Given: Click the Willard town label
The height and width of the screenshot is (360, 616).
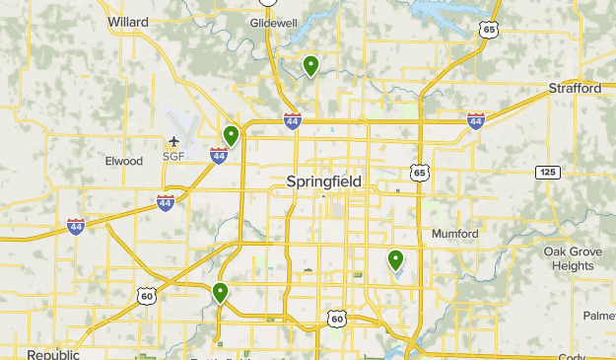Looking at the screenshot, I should [x=127, y=21].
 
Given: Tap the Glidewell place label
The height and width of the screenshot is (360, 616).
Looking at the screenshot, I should [x=273, y=22].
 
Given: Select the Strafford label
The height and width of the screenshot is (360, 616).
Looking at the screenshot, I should [x=575, y=89].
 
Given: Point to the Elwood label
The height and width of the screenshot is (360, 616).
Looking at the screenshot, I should [x=124, y=161].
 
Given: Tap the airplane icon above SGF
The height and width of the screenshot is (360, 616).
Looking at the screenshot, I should [x=174, y=142].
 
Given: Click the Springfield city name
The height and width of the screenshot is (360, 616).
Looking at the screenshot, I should [x=323, y=181].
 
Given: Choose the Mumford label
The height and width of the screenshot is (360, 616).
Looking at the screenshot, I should [x=454, y=234].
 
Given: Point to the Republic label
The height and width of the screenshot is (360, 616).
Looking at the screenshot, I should [x=52, y=354].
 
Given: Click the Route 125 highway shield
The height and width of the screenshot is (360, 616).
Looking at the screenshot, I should [x=548, y=173].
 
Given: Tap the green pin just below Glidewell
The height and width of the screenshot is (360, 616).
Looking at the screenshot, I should [x=310, y=66].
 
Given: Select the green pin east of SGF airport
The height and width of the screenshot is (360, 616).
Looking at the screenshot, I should [x=231, y=135].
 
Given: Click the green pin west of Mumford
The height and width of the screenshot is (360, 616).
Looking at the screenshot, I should [x=395, y=259].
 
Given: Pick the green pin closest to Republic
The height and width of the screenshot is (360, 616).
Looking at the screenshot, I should [x=219, y=292].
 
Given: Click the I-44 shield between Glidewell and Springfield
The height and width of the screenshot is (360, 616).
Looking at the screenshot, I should [x=292, y=120].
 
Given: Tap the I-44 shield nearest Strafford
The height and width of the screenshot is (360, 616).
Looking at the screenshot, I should [x=476, y=120].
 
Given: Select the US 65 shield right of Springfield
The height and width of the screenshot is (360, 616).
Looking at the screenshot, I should [x=421, y=174].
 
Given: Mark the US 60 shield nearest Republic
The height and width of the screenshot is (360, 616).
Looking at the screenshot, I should [x=147, y=295].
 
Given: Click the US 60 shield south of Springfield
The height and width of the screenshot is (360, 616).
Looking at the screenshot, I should [x=337, y=318].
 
